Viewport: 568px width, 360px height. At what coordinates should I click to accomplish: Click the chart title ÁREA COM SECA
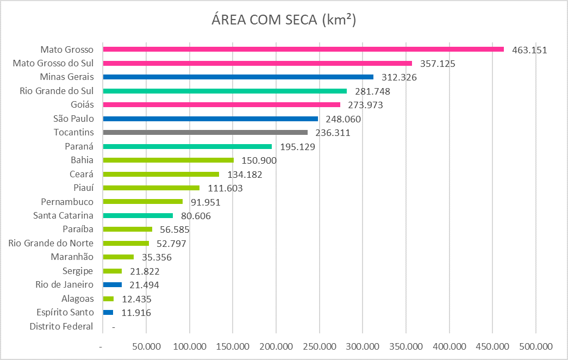coord(284,20)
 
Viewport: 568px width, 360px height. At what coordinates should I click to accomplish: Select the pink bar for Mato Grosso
coord(303,49)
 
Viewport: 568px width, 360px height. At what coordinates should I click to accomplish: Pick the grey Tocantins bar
coord(205,132)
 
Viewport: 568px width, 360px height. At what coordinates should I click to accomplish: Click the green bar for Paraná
coord(187,146)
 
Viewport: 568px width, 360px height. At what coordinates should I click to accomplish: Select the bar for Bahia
coord(168,160)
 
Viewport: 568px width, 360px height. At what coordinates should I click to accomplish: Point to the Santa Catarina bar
coord(138,215)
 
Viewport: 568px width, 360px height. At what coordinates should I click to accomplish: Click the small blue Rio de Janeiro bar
coord(112,284)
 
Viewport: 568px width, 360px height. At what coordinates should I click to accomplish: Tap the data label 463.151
coord(529,50)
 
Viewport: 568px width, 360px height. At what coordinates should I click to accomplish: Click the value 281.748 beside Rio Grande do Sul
coord(372,91)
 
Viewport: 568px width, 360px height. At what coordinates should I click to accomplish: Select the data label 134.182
coord(244,175)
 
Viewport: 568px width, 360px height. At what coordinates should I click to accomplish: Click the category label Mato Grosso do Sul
coord(53,64)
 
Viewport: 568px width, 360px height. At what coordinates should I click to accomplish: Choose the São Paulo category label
coord(73,119)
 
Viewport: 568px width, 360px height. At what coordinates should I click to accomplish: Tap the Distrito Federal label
coord(61,326)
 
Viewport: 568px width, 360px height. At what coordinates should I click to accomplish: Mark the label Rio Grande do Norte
coord(51,243)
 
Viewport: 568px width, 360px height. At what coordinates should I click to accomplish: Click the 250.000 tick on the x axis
coord(320,346)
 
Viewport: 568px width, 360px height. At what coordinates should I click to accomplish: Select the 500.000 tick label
coord(536,346)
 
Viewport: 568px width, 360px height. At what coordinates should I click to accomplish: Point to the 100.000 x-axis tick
coord(190,346)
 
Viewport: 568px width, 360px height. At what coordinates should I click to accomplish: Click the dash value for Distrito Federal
coord(113,327)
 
